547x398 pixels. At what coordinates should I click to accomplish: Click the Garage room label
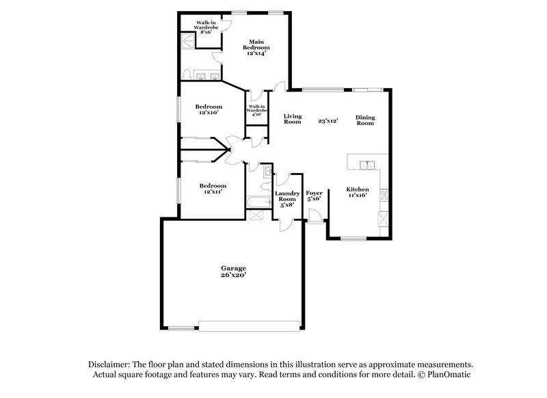point(232,268)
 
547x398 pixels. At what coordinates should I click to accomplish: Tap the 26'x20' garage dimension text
point(232,275)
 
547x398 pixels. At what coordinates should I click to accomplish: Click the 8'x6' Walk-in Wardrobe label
point(207,27)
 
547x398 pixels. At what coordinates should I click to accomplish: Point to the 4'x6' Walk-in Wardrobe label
point(257,111)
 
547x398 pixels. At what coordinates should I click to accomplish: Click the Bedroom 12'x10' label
point(209,109)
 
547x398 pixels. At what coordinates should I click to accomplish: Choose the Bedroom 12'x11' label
point(213,188)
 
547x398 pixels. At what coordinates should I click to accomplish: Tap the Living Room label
point(293,119)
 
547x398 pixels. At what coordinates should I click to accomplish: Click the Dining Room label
point(365,120)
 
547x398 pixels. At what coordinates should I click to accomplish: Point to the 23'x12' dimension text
point(329,121)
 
